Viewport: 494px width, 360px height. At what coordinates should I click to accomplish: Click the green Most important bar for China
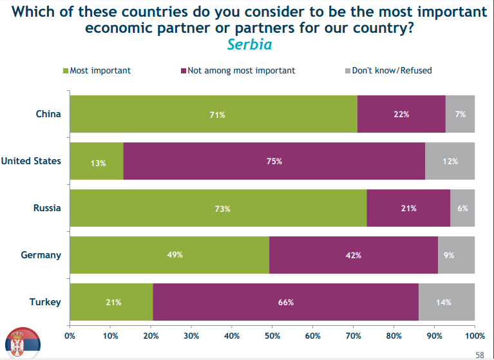(x=213, y=114)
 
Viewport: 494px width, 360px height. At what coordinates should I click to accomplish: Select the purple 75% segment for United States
(x=274, y=161)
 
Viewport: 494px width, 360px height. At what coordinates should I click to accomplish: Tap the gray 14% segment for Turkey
(x=446, y=302)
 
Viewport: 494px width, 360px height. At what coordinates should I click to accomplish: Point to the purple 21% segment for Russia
(x=408, y=208)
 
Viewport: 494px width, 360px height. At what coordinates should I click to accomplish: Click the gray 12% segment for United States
(x=450, y=161)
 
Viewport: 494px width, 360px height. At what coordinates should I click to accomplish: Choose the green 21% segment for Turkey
(x=111, y=302)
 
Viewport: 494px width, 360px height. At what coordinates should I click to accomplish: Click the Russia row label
(x=47, y=208)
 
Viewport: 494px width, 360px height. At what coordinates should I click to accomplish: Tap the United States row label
(x=31, y=161)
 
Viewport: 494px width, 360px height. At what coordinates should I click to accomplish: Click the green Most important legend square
(x=65, y=70)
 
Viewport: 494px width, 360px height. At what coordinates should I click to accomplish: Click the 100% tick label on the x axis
(x=475, y=336)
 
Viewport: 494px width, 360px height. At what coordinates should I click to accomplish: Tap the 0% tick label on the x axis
(x=70, y=336)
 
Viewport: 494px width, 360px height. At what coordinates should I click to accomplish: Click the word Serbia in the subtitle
(x=249, y=44)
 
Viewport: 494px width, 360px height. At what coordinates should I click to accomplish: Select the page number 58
(x=480, y=354)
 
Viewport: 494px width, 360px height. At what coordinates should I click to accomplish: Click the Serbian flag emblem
(x=23, y=343)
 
